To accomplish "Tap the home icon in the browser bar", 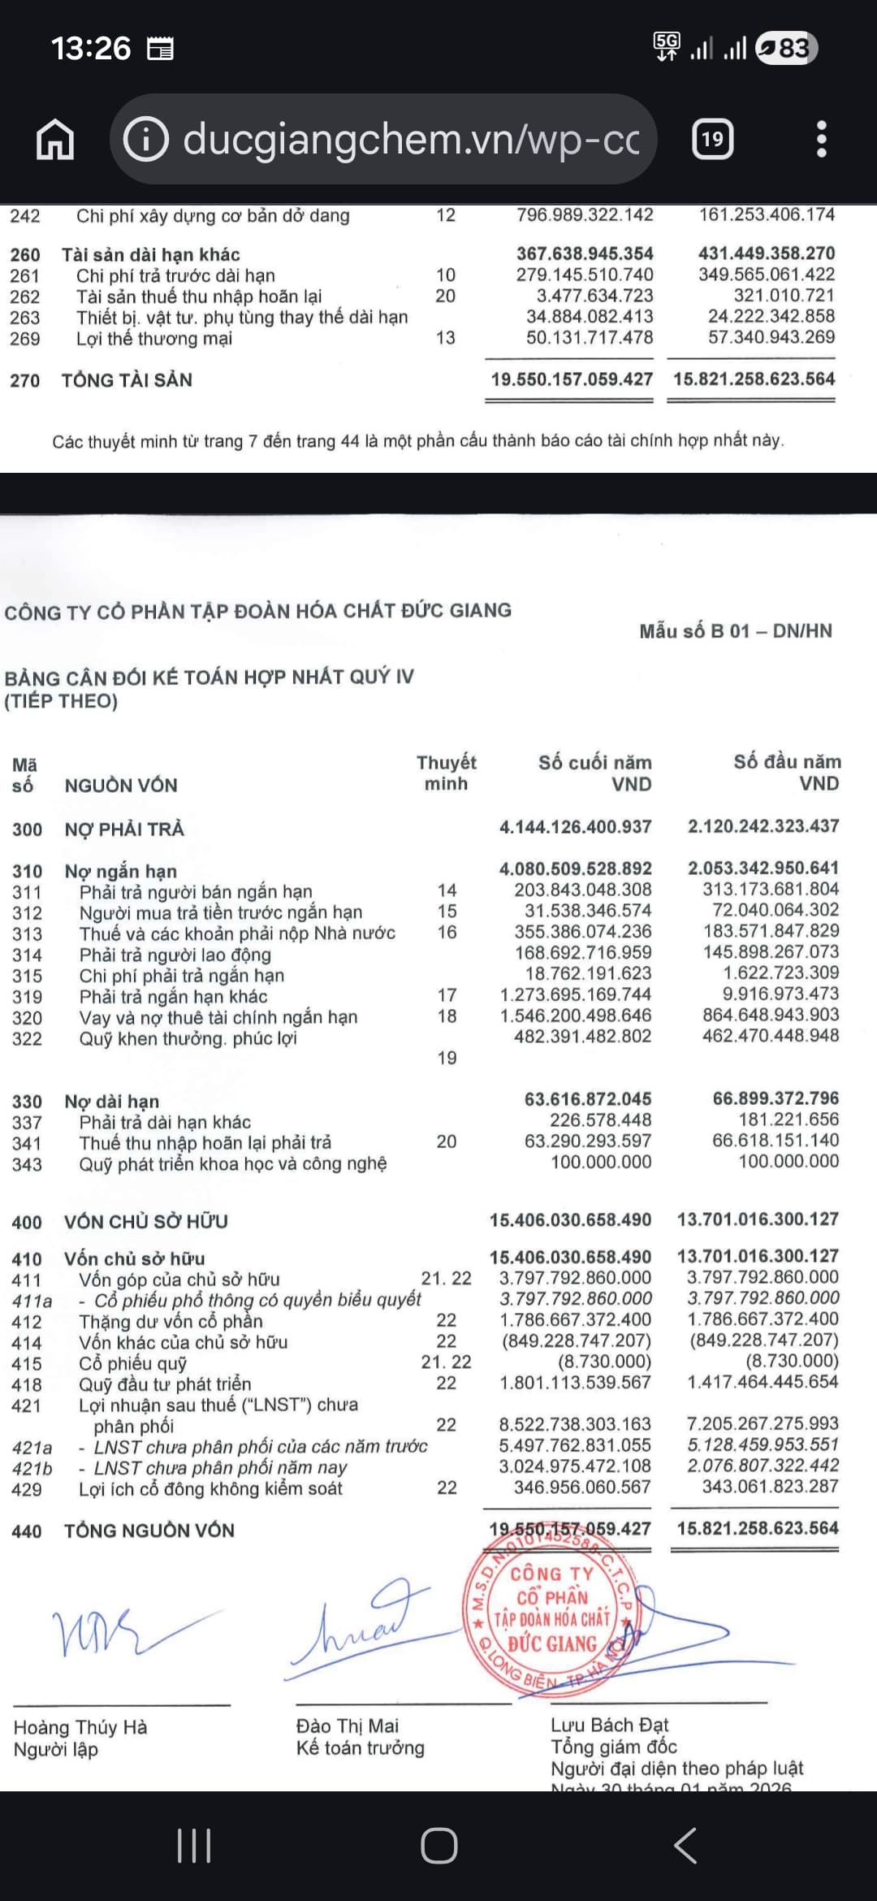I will pyautogui.click(x=55, y=140).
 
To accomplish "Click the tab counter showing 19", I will pyautogui.click(x=712, y=140).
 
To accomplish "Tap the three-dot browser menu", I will pyautogui.click(x=821, y=140).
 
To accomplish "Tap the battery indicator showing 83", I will pyautogui.click(x=785, y=48).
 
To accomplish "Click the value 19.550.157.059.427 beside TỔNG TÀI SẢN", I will pyautogui.click(x=572, y=379).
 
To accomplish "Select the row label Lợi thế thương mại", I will pyautogui.click(x=154, y=339).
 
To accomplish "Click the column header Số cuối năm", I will pyautogui.click(x=594, y=763).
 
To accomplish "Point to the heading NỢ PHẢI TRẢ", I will pyautogui.click(x=124, y=829).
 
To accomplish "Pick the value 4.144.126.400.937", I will pyautogui.click(x=575, y=827).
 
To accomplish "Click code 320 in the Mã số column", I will pyautogui.click(x=27, y=1018).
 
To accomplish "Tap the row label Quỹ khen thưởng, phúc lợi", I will pyautogui.click(x=188, y=1038).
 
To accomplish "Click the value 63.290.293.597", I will pyautogui.click(x=587, y=1141).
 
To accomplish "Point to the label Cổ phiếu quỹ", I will pyautogui.click(x=132, y=1363).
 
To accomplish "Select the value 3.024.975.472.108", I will pyautogui.click(x=575, y=1466).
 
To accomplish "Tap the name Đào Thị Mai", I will pyautogui.click(x=347, y=1726).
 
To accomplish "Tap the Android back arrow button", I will pyautogui.click(x=685, y=1846).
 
